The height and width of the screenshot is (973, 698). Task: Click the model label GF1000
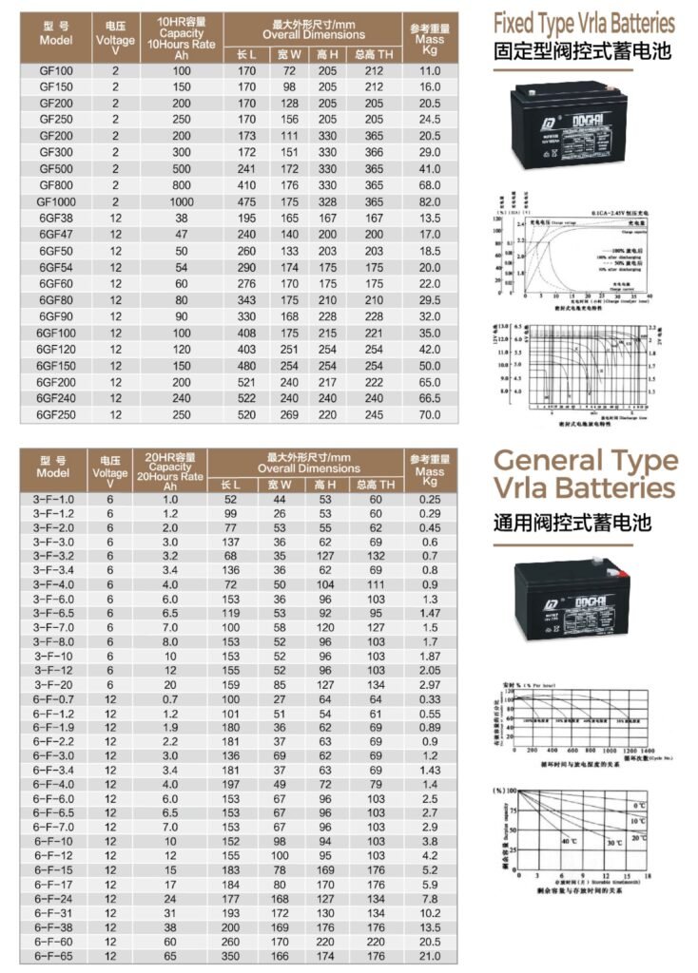click(55, 202)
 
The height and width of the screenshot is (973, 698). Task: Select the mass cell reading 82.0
click(430, 202)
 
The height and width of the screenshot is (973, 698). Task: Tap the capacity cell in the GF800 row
click(181, 185)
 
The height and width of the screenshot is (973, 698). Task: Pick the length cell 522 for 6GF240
click(245, 399)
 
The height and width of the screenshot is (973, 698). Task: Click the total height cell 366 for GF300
click(374, 152)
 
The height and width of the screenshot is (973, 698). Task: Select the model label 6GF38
click(55, 219)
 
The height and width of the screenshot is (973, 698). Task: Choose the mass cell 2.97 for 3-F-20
click(430, 684)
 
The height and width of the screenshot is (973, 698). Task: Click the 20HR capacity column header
click(170, 467)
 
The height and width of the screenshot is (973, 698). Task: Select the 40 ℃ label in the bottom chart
click(569, 842)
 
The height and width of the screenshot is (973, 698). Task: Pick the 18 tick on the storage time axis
click(648, 877)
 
